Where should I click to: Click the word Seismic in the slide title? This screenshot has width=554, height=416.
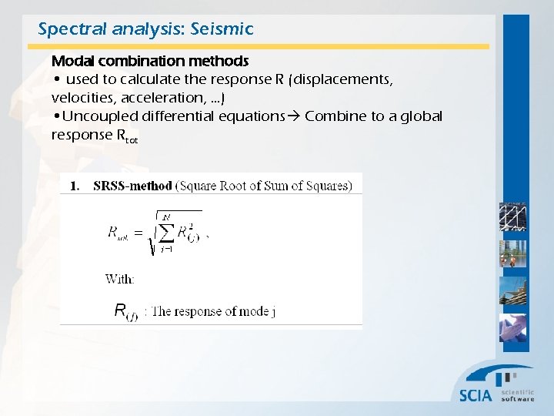224,29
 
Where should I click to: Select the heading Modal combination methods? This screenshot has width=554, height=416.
149,60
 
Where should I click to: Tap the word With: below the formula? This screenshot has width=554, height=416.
120,279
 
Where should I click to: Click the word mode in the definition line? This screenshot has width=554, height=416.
250,311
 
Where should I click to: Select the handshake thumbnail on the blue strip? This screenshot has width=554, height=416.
512,327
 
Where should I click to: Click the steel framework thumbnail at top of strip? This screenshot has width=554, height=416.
512,216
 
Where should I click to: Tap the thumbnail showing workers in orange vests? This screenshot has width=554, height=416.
512,253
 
